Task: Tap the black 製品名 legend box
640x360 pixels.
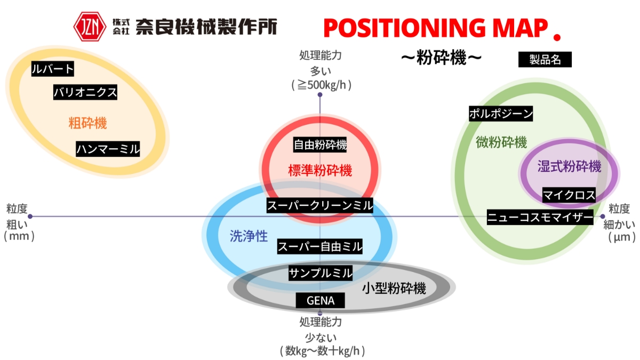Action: (545, 59)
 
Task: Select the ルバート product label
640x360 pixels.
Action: (52, 69)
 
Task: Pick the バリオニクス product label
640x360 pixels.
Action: (85, 92)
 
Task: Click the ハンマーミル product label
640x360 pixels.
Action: (107, 148)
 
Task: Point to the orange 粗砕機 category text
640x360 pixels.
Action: (87, 123)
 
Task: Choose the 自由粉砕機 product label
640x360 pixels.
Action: (320, 144)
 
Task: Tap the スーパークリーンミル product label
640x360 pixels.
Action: (319, 205)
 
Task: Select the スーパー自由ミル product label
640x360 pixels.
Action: (319, 246)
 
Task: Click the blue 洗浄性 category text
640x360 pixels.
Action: (249, 236)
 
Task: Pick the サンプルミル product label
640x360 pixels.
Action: (320, 273)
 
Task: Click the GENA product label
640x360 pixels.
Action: (320, 301)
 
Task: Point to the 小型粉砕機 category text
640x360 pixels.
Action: (394, 289)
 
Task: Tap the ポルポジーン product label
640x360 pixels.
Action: (501, 113)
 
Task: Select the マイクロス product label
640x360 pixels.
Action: (569, 195)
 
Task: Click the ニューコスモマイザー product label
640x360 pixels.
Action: (540, 217)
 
